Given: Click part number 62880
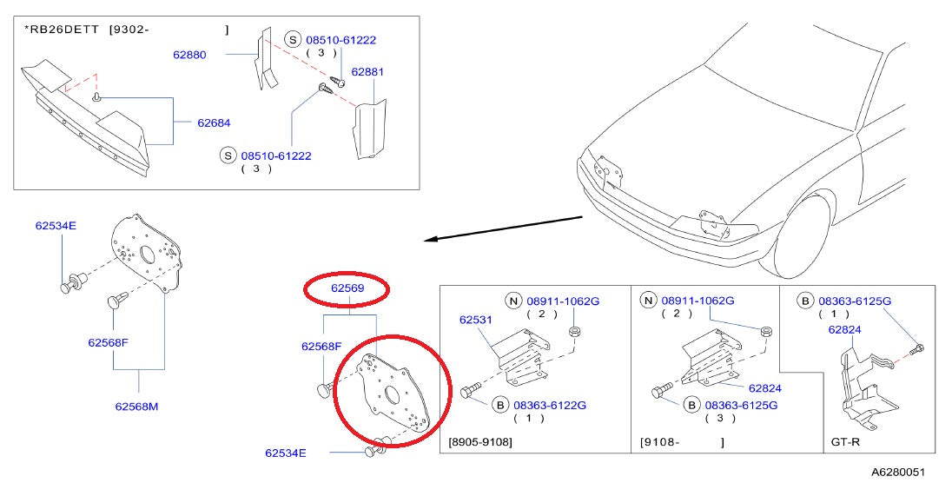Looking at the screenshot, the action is [189, 55].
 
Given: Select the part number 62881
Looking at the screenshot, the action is [367, 72].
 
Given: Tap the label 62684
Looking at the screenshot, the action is [214, 122].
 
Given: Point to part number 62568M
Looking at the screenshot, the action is [136, 407].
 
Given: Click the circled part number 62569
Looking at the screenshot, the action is [347, 288].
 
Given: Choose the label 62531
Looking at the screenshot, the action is [475, 321].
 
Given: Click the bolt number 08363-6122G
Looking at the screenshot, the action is [550, 405].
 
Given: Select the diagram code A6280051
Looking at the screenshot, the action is [898, 472].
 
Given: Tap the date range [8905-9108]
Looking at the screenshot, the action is [479, 441].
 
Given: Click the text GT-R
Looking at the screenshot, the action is [845, 441].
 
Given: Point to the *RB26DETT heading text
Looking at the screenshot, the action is [61, 30].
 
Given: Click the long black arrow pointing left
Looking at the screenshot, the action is [503, 228].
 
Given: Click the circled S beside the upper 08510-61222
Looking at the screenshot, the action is [294, 40].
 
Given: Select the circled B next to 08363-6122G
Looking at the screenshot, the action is [499, 405].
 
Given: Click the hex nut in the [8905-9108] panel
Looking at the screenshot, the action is [573, 332].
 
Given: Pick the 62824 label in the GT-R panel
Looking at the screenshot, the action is [844, 330].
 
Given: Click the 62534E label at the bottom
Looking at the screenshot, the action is [286, 453].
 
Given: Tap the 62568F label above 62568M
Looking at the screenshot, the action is [108, 342].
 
